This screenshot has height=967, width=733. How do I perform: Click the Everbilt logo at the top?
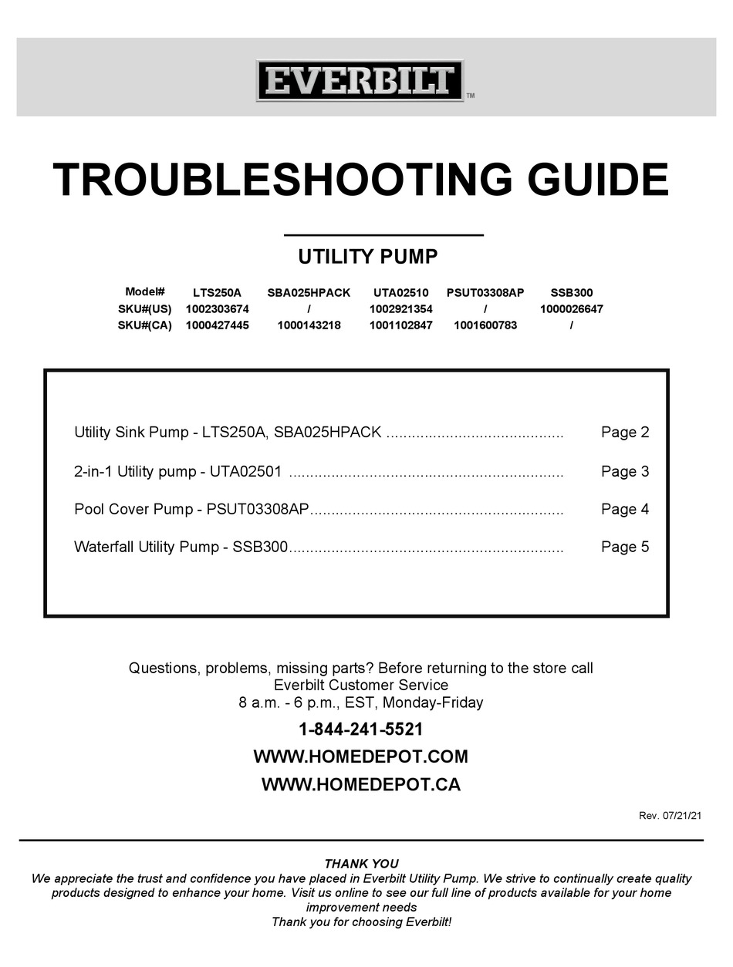pyautogui.click(x=360, y=81)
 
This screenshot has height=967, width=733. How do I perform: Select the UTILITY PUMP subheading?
pyautogui.click(x=368, y=257)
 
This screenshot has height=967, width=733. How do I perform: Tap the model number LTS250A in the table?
pyautogui.click(x=217, y=293)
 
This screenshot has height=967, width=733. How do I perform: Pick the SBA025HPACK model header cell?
pyautogui.click(x=309, y=293)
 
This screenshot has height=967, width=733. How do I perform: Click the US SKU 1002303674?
pyautogui.click(x=217, y=309)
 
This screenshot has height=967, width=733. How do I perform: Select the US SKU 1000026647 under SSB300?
pyautogui.click(x=571, y=309)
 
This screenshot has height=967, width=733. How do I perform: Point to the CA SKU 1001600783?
pyautogui.click(x=485, y=325)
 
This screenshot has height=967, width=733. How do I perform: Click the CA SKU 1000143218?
pyautogui.click(x=309, y=325)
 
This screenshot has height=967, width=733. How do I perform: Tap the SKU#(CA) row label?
pyautogui.click(x=145, y=325)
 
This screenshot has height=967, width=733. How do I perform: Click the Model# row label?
pyautogui.click(x=145, y=292)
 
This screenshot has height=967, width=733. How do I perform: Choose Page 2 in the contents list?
pyautogui.click(x=625, y=433)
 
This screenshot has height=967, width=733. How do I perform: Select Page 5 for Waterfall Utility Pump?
pyautogui.click(x=625, y=548)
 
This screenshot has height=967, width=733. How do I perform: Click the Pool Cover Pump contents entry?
pyautogui.click(x=191, y=510)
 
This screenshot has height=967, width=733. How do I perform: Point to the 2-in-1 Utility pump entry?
pyautogui.click(x=177, y=472)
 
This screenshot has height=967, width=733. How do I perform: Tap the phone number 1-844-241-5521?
pyautogui.click(x=361, y=729)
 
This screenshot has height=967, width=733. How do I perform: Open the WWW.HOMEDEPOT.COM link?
pyautogui.click(x=361, y=757)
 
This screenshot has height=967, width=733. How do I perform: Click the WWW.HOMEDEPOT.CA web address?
pyautogui.click(x=361, y=785)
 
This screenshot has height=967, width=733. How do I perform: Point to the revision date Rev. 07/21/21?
pyautogui.click(x=671, y=816)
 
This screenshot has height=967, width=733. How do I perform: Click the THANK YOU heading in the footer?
pyautogui.click(x=361, y=864)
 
